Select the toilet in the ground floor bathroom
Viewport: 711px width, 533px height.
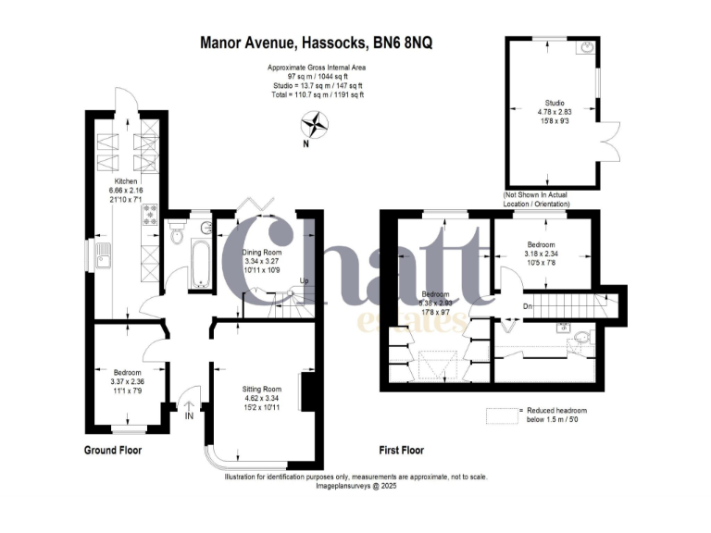(178, 237)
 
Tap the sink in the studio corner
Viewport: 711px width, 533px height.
(589, 47)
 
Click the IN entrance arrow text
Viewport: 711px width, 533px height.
(190, 415)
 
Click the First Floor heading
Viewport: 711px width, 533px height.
(402, 451)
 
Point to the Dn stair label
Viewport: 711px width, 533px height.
(529, 304)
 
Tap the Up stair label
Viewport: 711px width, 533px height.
(304, 283)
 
